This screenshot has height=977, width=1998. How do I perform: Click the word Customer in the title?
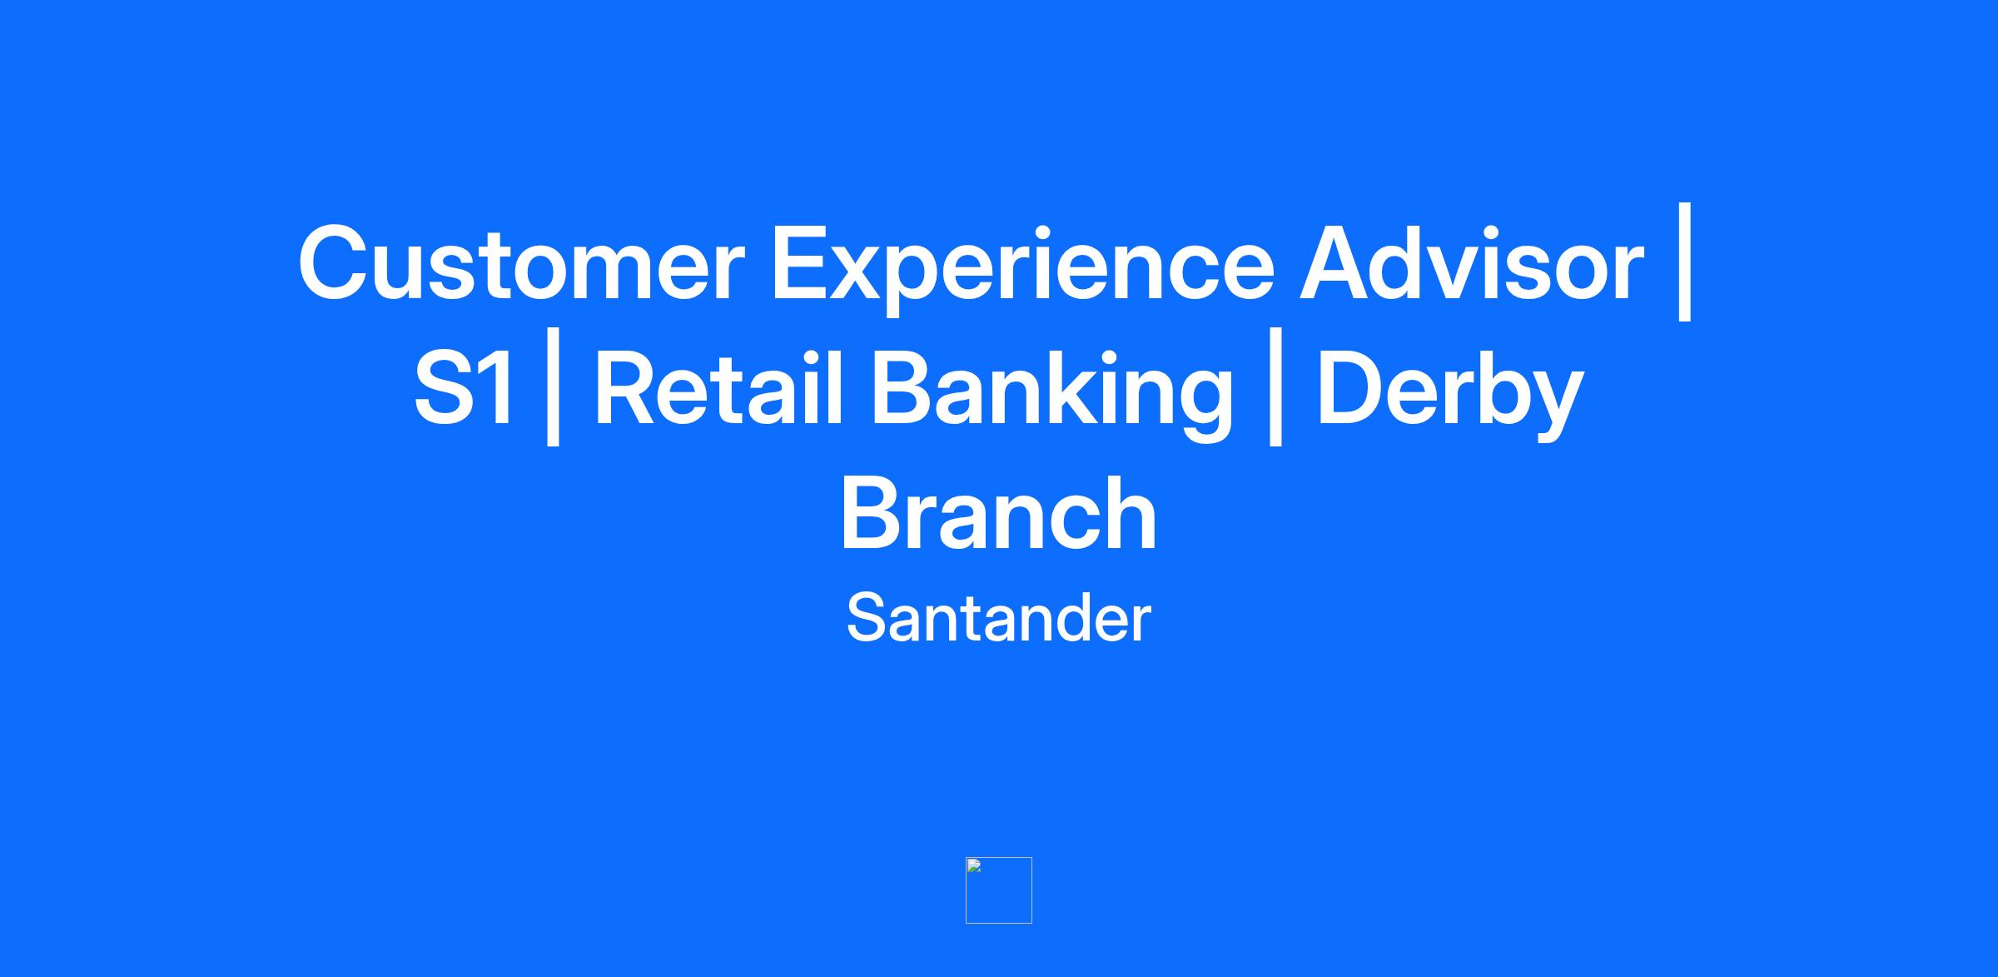point(521,263)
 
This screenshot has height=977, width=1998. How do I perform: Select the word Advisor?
point(1472,262)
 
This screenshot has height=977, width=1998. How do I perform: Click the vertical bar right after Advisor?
point(1685,262)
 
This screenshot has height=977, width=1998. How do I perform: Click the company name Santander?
point(998,618)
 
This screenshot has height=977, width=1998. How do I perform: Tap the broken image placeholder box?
point(999,890)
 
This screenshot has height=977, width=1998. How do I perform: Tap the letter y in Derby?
point(1554,408)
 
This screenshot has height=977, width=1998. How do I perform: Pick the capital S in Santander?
point(865,618)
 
